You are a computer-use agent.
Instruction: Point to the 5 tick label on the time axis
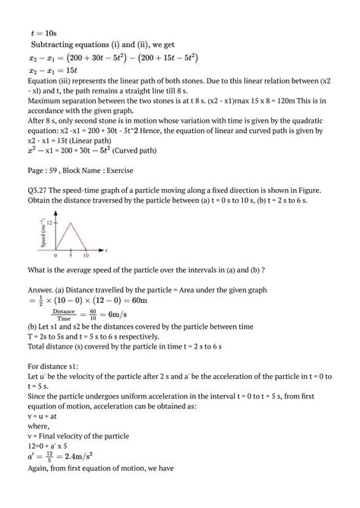click(71, 255)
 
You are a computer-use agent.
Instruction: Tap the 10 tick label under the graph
click(86, 255)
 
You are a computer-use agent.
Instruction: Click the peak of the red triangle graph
click(71, 222)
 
